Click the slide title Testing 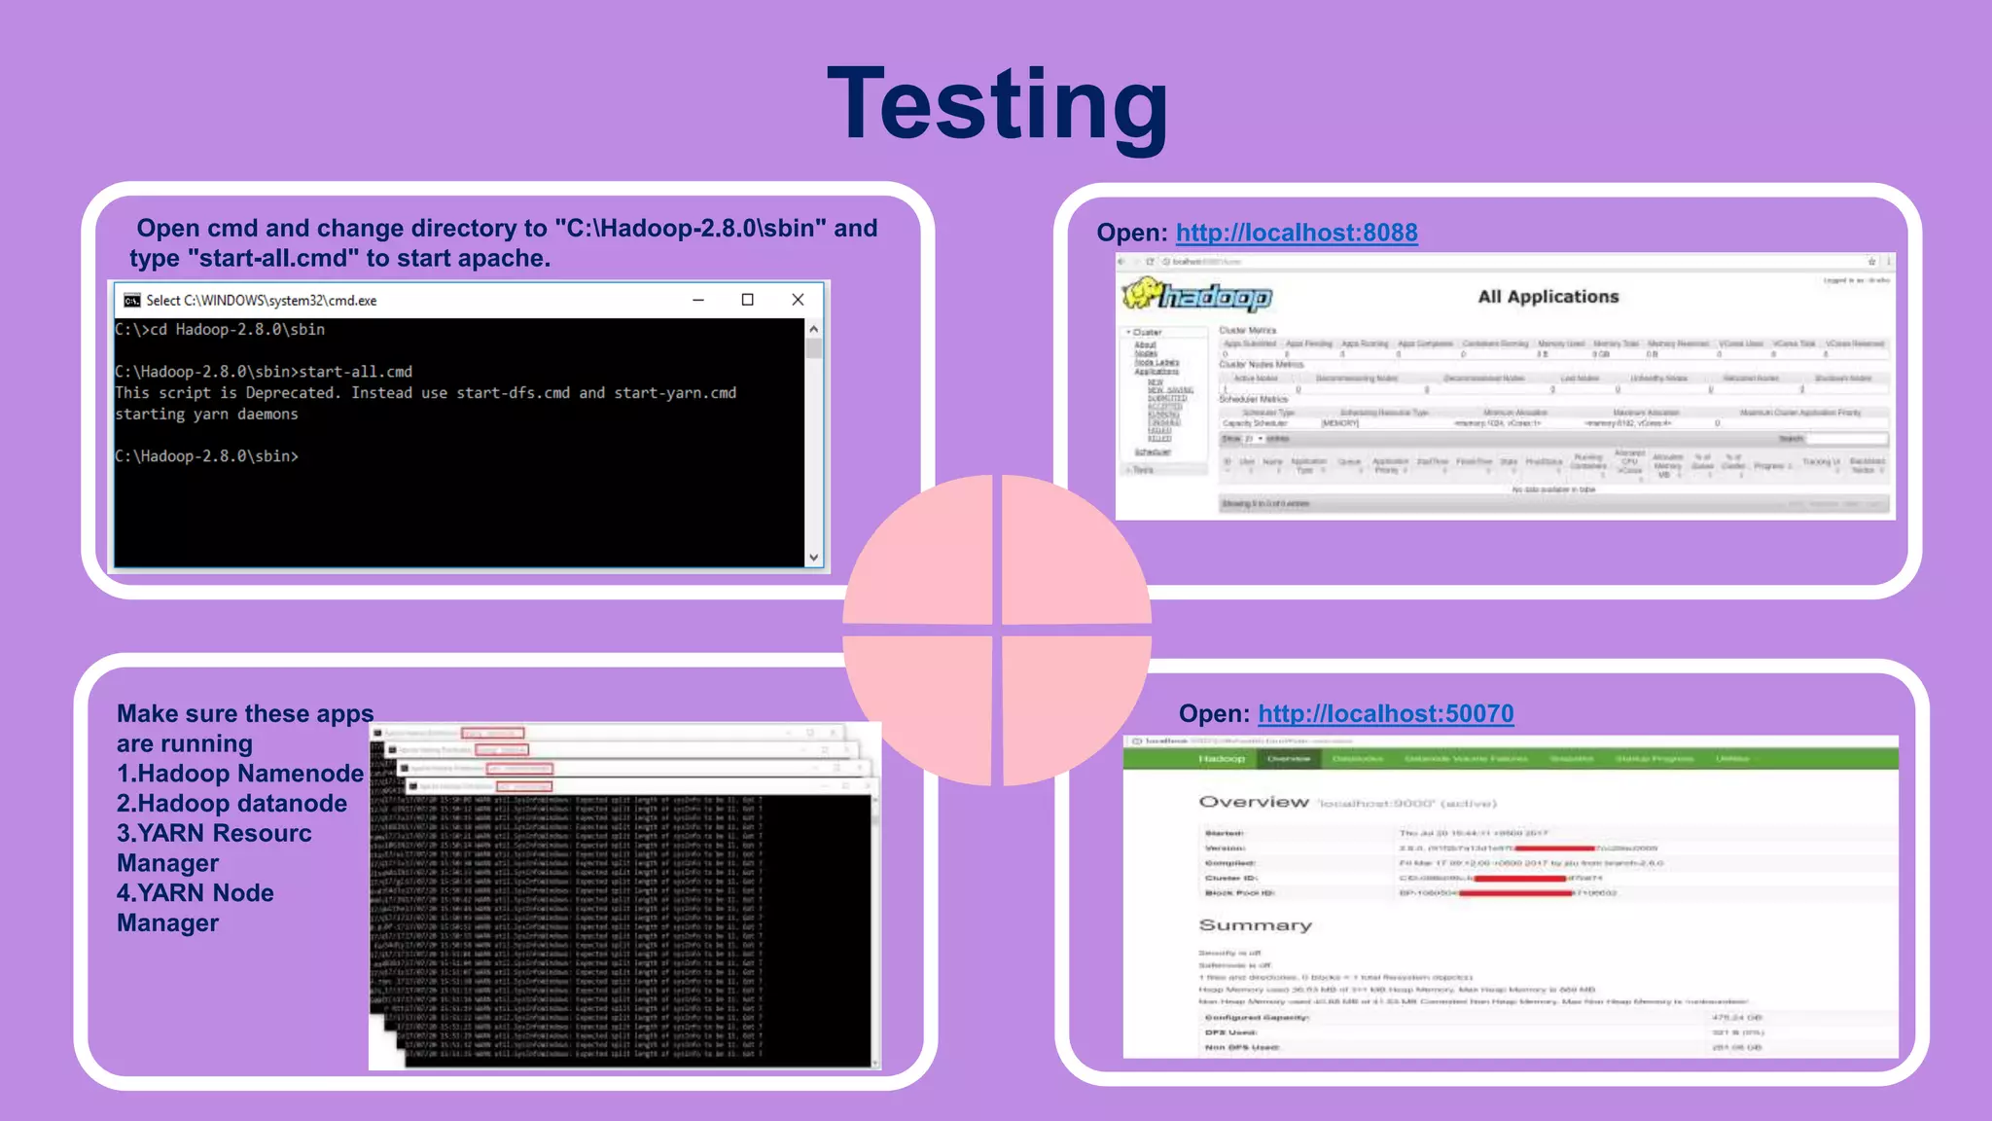pos(997,105)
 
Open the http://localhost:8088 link pos(1296,233)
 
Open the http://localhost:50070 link pos(1385,713)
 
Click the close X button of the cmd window pos(798,300)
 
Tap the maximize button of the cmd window pos(747,300)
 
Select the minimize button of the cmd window pos(697,300)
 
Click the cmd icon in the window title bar pos(132,300)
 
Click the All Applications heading pos(1547,297)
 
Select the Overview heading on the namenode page pos(1254,802)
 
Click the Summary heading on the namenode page pos(1255,924)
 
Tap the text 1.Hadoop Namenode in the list pos(240,774)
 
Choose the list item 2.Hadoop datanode pos(231,804)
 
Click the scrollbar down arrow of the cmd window pos(814,558)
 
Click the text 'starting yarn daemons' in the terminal pos(206,415)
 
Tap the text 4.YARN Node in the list pos(196,893)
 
